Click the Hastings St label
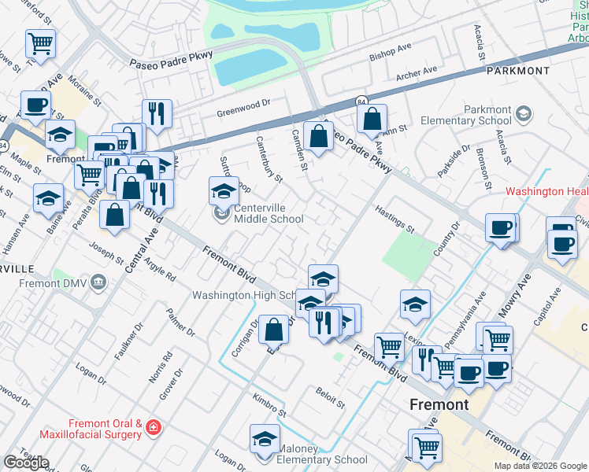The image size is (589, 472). pyautogui.click(x=395, y=219)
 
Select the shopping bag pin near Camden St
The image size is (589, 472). pyautogui.click(x=318, y=135)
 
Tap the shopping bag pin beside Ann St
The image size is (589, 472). pyautogui.click(x=372, y=120)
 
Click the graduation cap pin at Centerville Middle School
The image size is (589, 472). pyautogui.click(x=224, y=191)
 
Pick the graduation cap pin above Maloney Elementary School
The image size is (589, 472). pyautogui.click(x=265, y=439)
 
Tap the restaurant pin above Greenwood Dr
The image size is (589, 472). pyautogui.click(x=157, y=113)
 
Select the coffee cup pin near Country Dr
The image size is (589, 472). pyautogui.click(x=500, y=228)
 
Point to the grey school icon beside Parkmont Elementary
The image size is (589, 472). pyautogui.click(x=521, y=116)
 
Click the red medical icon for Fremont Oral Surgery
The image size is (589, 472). pyautogui.click(x=154, y=429)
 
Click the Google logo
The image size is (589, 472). pyautogui.click(x=26, y=463)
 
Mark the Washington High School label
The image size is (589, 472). pyautogui.click(x=244, y=296)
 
